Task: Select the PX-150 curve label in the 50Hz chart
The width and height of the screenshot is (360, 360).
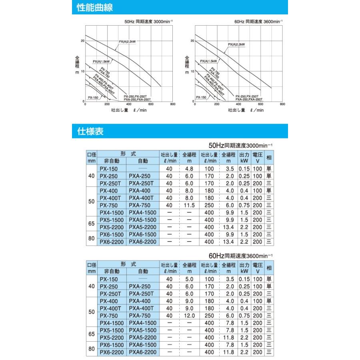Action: click(94, 97)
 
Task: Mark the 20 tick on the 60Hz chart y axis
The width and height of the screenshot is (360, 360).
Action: click(192, 41)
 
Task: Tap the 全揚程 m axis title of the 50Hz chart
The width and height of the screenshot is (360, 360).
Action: click(78, 64)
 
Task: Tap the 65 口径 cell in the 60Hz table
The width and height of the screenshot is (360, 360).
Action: click(91, 334)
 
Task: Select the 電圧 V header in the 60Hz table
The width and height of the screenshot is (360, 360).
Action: click(258, 268)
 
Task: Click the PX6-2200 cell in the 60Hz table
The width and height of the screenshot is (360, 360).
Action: click(112, 352)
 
